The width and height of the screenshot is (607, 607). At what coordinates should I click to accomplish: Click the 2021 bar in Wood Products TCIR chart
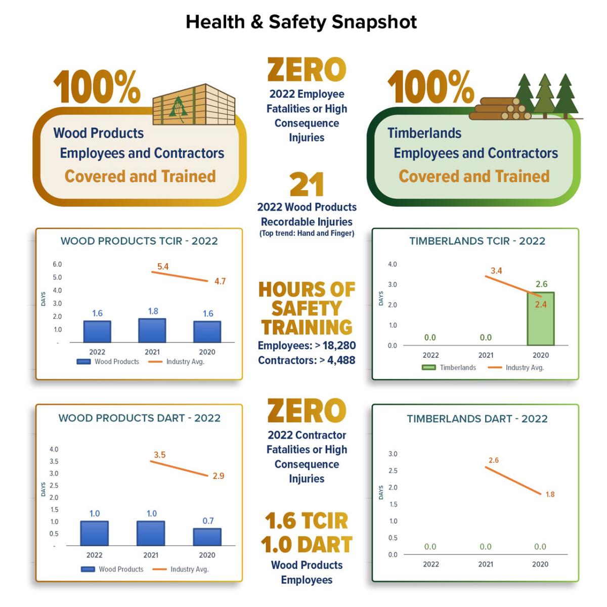click(x=152, y=330)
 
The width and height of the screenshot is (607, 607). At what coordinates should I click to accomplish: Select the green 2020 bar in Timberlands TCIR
click(x=541, y=319)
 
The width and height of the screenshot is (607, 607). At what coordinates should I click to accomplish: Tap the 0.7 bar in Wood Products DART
click(x=207, y=537)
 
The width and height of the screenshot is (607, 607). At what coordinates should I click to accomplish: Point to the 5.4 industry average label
click(x=163, y=267)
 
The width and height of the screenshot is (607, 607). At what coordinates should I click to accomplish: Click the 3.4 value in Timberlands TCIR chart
click(x=496, y=271)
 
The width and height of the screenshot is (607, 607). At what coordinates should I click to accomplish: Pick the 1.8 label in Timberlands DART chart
click(x=550, y=494)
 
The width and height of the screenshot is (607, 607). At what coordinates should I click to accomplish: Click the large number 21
click(x=307, y=185)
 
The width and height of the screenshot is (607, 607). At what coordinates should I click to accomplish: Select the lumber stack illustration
click(x=194, y=105)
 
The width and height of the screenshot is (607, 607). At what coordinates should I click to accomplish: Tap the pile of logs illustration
click(x=501, y=108)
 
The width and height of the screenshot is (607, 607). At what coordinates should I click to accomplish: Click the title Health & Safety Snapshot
click(x=301, y=22)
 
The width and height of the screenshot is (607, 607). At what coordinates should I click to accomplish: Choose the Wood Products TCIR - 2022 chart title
click(x=139, y=241)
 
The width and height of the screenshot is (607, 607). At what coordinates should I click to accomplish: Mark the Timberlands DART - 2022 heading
click(x=477, y=419)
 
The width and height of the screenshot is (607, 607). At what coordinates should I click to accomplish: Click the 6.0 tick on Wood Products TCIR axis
click(x=57, y=264)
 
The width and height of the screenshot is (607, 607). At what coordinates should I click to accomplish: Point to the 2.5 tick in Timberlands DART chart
click(x=393, y=470)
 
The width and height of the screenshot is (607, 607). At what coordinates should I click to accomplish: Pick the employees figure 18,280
click(x=339, y=345)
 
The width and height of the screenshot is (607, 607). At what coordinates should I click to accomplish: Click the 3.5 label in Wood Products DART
click(x=159, y=455)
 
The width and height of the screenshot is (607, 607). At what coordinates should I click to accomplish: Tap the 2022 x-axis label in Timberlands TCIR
click(x=430, y=355)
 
